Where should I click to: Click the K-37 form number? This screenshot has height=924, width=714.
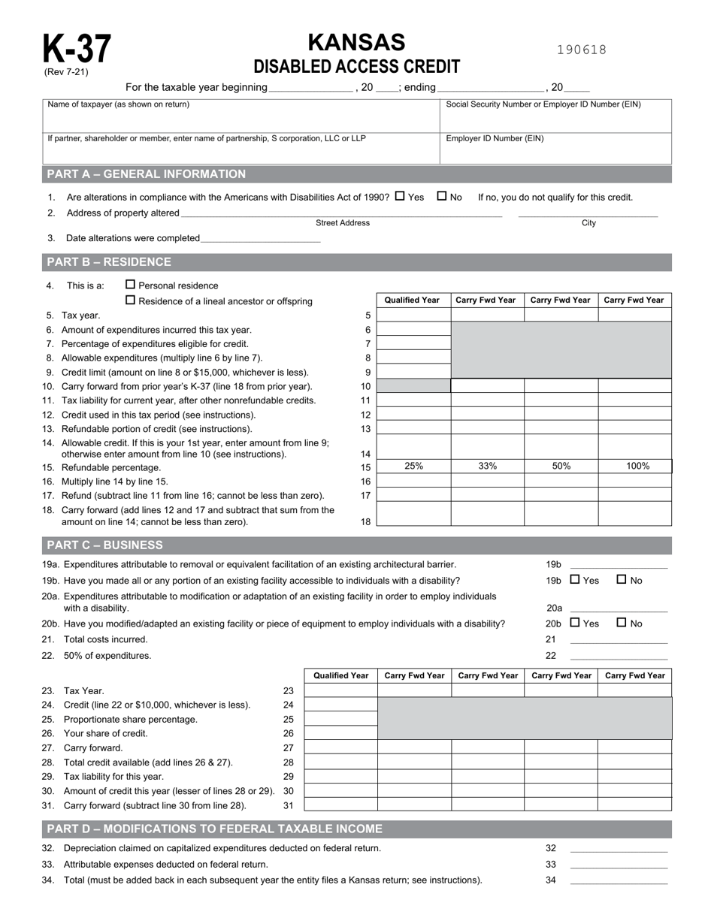pyautogui.click(x=76, y=50)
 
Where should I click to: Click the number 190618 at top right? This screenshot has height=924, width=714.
pyautogui.click(x=582, y=50)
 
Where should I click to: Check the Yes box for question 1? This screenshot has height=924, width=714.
pyautogui.click(x=400, y=196)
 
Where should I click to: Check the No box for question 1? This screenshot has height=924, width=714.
pyautogui.click(x=442, y=196)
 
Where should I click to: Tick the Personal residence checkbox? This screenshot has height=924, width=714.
pyautogui.click(x=131, y=285)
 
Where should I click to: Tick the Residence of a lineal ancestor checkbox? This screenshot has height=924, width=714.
pyautogui.click(x=131, y=300)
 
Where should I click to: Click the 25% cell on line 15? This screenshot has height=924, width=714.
pyautogui.click(x=413, y=466)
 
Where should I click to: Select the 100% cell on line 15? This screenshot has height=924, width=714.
pyautogui.click(x=637, y=466)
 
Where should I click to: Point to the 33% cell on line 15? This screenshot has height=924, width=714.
pyautogui.click(x=487, y=466)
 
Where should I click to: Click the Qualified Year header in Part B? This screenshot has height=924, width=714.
pyautogui.click(x=412, y=300)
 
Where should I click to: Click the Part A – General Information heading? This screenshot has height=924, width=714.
pyautogui.click(x=147, y=174)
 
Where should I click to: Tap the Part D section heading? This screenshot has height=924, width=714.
pyautogui.click(x=215, y=829)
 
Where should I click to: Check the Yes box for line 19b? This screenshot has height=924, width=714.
pyautogui.click(x=575, y=579)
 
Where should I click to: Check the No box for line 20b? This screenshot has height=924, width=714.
pyautogui.click(x=622, y=623)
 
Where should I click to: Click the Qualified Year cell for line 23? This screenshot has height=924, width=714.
pyautogui.click(x=340, y=690)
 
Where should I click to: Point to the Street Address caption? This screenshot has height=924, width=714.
pyautogui.click(x=343, y=223)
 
